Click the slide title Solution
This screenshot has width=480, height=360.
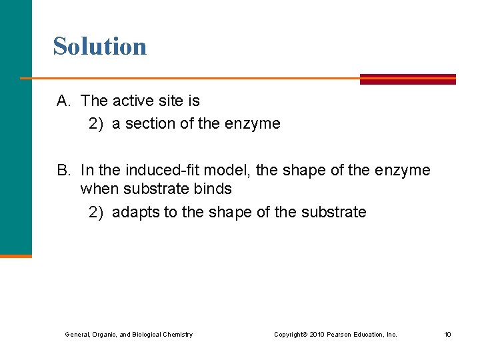(x=100, y=47)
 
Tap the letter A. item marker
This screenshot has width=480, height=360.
(x=64, y=101)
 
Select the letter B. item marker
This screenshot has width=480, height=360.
(x=64, y=171)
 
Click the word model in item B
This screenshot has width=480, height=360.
(x=229, y=171)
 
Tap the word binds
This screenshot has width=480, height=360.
(x=214, y=189)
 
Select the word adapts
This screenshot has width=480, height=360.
(x=133, y=213)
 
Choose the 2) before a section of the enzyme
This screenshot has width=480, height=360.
(x=97, y=124)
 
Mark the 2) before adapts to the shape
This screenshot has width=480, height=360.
(x=97, y=213)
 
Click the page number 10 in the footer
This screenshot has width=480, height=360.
(x=447, y=335)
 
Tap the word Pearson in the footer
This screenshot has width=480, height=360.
(x=340, y=335)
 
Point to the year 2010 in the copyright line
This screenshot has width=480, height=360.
(x=317, y=335)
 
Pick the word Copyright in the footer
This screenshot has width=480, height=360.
(x=291, y=335)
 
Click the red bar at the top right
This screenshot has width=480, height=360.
(x=407, y=79)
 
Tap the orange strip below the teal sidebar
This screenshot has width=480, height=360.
(x=15, y=255)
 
